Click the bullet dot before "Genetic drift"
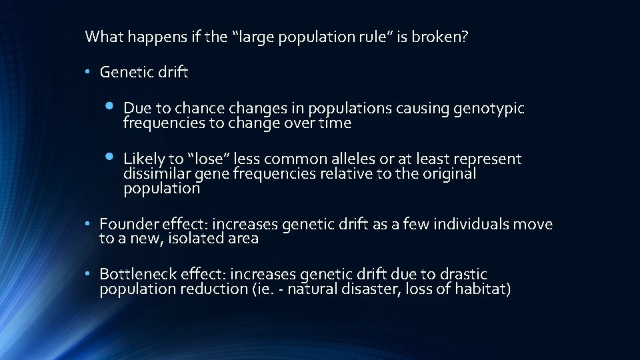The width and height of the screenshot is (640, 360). coord(89,73)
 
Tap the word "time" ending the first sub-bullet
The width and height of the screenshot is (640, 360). coord(335,123)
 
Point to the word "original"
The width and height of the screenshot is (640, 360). coord(451,174)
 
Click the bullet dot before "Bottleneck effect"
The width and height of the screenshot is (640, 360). coord(89,274)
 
